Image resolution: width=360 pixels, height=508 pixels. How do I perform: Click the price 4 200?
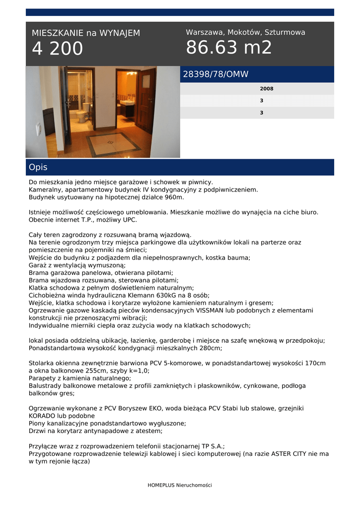pyautogui.click(x=58, y=49)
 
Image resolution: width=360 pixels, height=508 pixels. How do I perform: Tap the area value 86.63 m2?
pyautogui.click(x=229, y=48)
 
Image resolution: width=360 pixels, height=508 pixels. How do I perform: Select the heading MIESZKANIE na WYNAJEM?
pyautogui.click(x=86, y=33)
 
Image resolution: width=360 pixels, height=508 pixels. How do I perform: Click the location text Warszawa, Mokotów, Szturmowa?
pyautogui.click(x=245, y=32)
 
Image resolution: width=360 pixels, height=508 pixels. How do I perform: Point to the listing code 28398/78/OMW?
pyautogui.click(x=216, y=74)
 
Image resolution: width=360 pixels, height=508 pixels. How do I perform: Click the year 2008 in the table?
pyautogui.click(x=266, y=89)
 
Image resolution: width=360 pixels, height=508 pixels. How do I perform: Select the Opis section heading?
pyautogui.click(x=38, y=168)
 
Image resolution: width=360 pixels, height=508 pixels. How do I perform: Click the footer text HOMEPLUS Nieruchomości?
pyautogui.click(x=180, y=485)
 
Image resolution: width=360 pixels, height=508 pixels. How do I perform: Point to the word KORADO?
pyautogui.click(x=43, y=416)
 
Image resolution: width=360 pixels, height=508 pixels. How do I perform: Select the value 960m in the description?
pyautogui.click(x=173, y=197)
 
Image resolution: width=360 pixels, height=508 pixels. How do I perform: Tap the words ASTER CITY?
pyautogui.click(x=291, y=453)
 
